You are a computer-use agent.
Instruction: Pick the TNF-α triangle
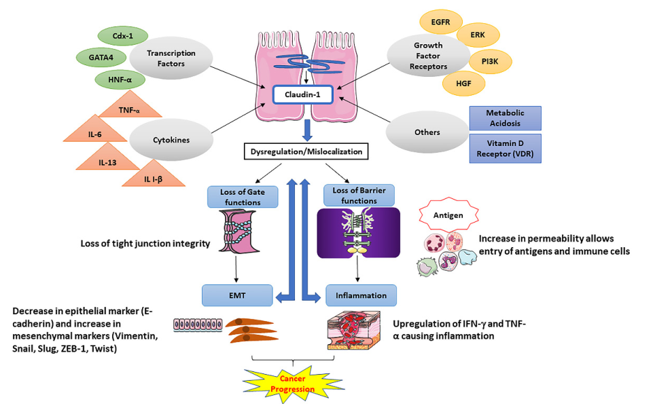click(x=130, y=109)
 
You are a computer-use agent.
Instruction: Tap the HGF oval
click(x=457, y=85)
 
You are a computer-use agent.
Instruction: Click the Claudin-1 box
click(x=302, y=95)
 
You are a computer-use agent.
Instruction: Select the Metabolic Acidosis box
click(x=505, y=118)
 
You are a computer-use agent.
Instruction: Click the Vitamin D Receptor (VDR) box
click(x=505, y=148)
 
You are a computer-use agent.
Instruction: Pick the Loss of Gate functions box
click(x=243, y=196)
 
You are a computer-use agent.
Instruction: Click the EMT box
click(x=237, y=295)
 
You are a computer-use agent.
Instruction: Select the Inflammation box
click(x=361, y=295)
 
